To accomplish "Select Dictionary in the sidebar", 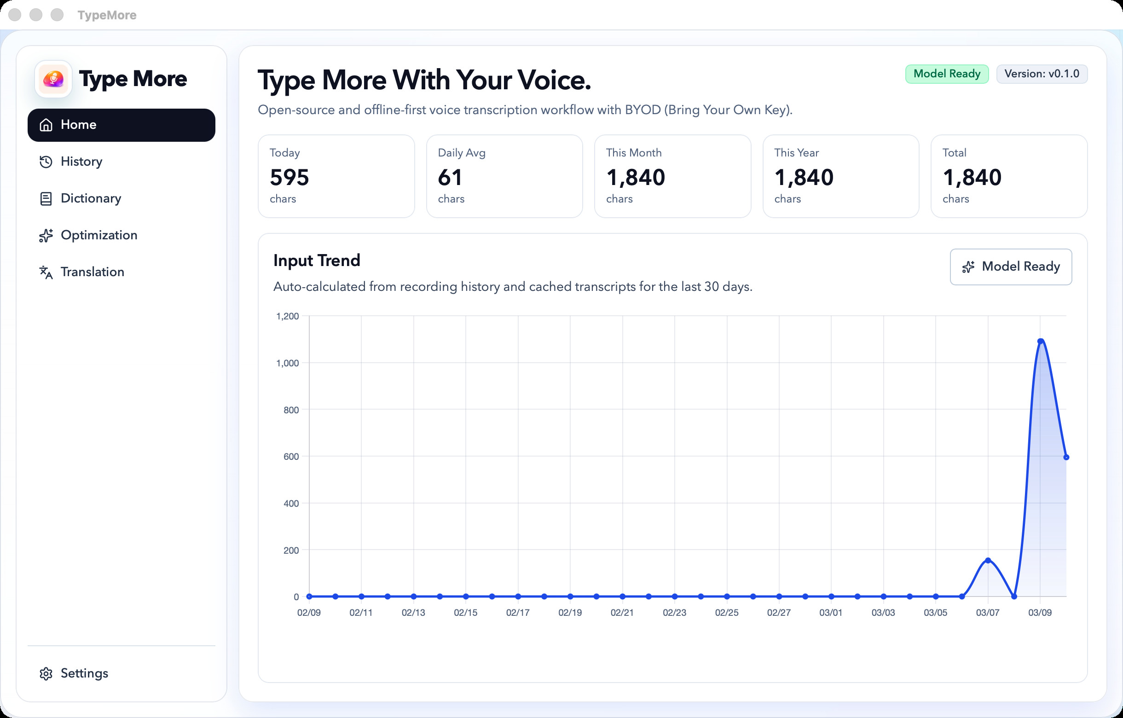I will [x=91, y=199].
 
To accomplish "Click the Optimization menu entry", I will [x=98, y=236].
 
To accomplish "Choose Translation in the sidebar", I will [x=92, y=272].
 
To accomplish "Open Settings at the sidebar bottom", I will [x=84, y=673].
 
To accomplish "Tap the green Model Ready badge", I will [x=946, y=74].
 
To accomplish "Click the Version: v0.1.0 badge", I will [x=1042, y=74].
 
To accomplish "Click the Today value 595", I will [x=289, y=178].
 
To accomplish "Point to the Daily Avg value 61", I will [x=450, y=178].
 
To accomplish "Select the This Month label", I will [x=633, y=153].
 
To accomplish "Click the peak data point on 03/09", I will [x=1041, y=342].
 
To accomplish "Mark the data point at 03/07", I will [x=988, y=561].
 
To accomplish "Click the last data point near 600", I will [x=1066, y=457].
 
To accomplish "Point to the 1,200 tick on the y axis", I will [x=287, y=317].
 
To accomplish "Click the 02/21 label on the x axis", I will [x=622, y=613].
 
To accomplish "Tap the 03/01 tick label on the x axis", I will [x=831, y=613].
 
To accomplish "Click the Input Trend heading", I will [x=317, y=261].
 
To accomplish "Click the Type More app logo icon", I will [x=54, y=79].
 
